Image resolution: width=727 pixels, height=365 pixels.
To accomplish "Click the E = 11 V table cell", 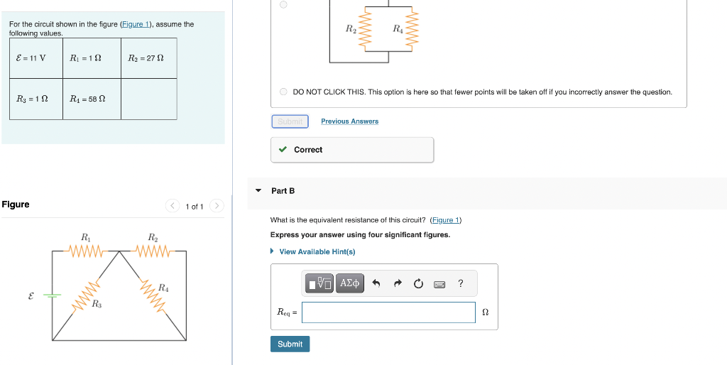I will [x=31, y=58].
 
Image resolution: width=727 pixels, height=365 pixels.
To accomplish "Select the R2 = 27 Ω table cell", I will [x=147, y=58].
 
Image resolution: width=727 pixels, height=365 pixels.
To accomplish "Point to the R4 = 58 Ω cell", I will [x=88, y=99].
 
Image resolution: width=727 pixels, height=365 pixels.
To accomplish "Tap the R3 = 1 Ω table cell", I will [x=31, y=99].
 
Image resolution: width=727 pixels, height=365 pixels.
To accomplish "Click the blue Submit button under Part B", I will [x=290, y=344].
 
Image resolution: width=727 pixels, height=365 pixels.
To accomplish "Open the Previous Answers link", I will [x=349, y=121].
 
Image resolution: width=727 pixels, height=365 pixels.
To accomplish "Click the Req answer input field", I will [x=388, y=312].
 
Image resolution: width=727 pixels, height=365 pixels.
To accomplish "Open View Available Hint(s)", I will [x=317, y=252].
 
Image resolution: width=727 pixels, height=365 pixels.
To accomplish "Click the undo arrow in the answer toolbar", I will [x=377, y=284].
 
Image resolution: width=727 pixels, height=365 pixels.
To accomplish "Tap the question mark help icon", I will [x=461, y=284].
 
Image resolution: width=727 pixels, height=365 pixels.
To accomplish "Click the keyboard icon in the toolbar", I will [x=439, y=284].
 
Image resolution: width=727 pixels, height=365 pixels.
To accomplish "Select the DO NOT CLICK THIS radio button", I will [x=283, y=92].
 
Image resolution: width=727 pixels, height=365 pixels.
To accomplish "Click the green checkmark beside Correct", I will [x=283, y=150].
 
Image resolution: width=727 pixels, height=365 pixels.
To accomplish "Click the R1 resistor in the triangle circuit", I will [x=86, y=250].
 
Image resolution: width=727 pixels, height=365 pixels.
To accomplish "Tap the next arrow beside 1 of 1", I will [x=217, y=207].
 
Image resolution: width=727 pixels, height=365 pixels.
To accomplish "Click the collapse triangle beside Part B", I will [x=258, y=191].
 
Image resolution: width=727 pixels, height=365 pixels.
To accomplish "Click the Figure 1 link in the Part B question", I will [x=447, y=220].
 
